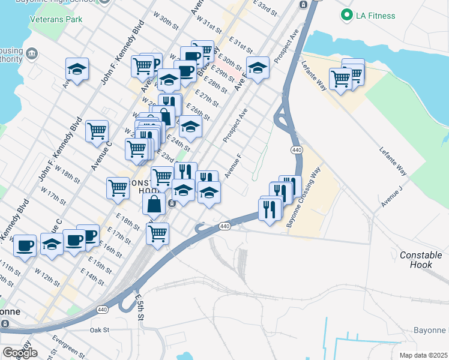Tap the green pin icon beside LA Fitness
tap(346, 14)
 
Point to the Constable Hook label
tap(421, 259)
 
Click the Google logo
tap(20, 353)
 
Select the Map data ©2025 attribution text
tap(423, 355)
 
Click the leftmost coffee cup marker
tap(25, 246)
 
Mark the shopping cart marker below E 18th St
tap(157, 233)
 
